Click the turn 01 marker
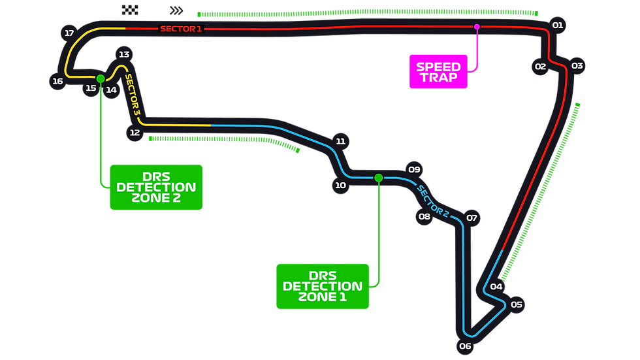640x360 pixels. click(558, 25)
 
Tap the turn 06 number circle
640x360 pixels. click(465, 346)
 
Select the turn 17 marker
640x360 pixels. click(69, 33)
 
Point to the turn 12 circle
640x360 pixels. click(135, 133)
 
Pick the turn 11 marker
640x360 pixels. click(340, 141)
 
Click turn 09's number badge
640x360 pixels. click(414, 169)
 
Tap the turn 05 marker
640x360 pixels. click(517, 304)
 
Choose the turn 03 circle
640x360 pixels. click(577, 66)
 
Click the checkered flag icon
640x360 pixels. click(130, 10)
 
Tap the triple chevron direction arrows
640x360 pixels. click(176, 10)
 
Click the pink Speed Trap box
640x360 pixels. click(438, 71)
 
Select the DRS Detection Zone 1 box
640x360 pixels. click(323, 287)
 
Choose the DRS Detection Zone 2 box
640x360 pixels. click(156, 188)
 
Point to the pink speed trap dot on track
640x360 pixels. click(477, 27)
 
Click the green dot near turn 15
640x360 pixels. click(101, 78)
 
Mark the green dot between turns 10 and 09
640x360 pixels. click(378, 178)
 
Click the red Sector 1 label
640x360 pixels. click(181, 29)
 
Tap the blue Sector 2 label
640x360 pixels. click(432, 201)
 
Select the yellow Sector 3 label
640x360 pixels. click(133, 95)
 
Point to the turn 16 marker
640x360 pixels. click(57, 81)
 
